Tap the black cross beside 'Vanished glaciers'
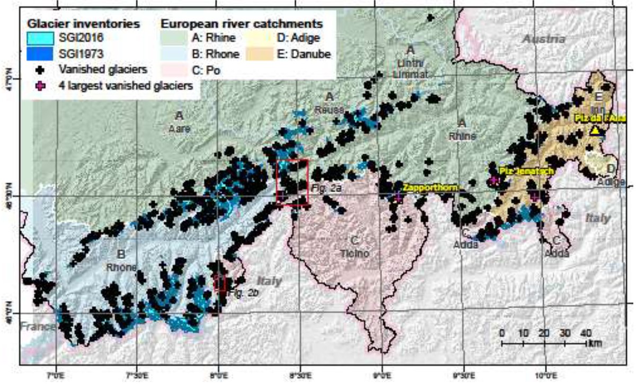(40, 68)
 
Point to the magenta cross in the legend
(40, 84)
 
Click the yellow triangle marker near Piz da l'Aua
(595, 130)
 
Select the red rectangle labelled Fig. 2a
(292, 181)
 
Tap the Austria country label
(544, 39)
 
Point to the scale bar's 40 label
(585, 333)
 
